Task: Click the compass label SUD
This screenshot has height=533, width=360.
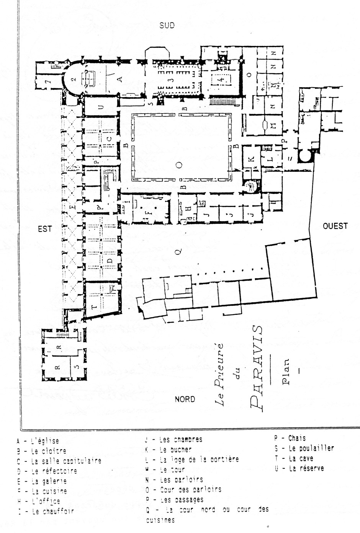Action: coord(167,26)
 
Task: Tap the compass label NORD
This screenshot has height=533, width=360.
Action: coord(185,399)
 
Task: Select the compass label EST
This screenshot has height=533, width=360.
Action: coord(45,229)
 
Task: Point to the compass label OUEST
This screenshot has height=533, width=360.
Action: coord(335,226)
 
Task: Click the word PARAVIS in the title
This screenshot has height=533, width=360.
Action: coord(256,368)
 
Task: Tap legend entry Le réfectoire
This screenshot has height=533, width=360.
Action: coord(54,471)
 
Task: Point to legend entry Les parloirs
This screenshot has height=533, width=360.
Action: coord(181,479)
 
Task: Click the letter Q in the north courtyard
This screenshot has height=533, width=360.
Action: coord(178,251)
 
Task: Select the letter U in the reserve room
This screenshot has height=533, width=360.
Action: coord(101,107)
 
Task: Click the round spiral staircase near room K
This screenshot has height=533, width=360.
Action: coord(251,186)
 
